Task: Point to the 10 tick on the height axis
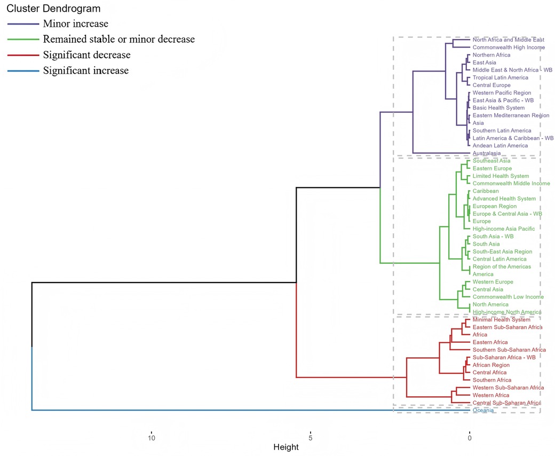point(152,437)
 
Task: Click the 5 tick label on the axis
point(310,437)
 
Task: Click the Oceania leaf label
point(483,411)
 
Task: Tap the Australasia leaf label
point(487,153)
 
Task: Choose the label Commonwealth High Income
point(509,48)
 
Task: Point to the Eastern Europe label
point(492,169)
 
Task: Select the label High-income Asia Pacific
point(504,229)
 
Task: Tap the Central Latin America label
point(499,259)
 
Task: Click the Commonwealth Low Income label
point(508,297)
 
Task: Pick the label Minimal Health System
point(502,320)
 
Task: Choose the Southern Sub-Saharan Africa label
point(509,350)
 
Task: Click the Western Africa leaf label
point(491,395)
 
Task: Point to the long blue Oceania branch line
point(213,410)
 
